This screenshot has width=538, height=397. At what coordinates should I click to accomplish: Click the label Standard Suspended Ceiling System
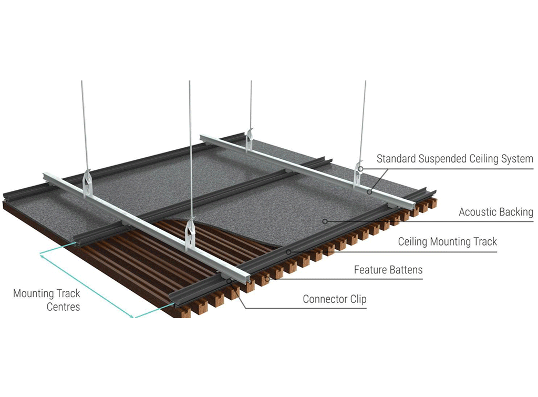pos(454,159)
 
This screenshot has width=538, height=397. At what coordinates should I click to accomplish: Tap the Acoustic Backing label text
pos(495,212)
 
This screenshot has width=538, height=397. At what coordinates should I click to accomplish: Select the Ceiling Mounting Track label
pos(447,242)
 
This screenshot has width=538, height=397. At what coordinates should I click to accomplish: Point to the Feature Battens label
pos(388,270)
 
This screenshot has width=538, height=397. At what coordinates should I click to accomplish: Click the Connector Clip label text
pos(335,299)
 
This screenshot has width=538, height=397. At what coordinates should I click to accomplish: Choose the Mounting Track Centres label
pos(47,300)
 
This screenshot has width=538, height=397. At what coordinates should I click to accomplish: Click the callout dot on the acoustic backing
pos(325,221)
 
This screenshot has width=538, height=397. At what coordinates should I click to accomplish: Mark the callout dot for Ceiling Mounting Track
pos(288,252)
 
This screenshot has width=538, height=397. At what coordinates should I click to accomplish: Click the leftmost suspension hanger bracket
pos(87,184)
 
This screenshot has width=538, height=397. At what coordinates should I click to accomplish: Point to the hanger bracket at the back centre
pos(250,139)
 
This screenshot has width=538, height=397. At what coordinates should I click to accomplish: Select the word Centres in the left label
pos(63,307)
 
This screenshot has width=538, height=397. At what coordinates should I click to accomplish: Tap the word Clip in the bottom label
pos(357,299)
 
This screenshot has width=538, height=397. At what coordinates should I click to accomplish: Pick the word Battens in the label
pos(405,270)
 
